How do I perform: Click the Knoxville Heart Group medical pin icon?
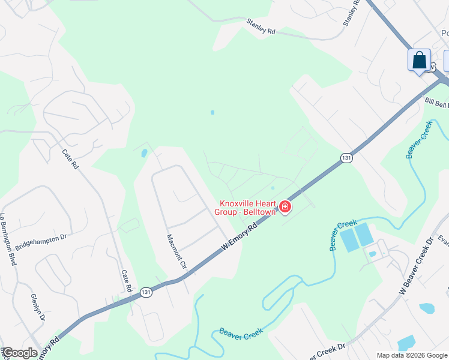point(285,208)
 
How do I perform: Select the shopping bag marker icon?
point(419,61)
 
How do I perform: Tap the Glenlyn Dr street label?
point(37,308)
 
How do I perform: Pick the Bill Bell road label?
point(436,103)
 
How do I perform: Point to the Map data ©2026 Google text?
point(412,355)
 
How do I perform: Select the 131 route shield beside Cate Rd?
point(146,292)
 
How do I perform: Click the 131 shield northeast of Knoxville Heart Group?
point(346,157)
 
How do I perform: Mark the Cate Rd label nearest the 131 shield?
point(127,281)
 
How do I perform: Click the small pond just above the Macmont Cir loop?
point(144,153)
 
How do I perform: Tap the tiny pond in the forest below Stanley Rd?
point(212,112)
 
